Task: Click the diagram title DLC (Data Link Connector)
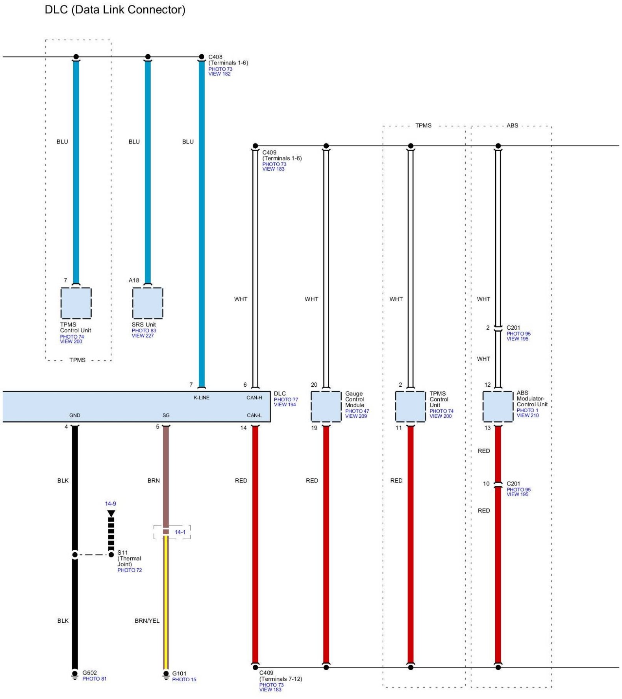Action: [x=115, y=9]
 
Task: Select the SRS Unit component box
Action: [x=148, y=303]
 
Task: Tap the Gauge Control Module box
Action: [x=326, y=406]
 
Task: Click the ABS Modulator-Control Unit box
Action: [x=498, y=406]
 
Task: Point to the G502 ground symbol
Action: [x=75, y=675]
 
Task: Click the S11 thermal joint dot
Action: [x=111, y=555]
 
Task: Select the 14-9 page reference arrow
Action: [x=111, y=514]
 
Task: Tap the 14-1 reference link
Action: [x=180, y=532]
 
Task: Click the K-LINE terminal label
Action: [x=202, y=398]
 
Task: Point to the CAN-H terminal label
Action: [x=254, y=398]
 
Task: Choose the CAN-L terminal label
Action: [x=254, y=415]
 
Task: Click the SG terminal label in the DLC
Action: [x=166, y=415]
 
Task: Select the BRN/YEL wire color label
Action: [x=147, y=621]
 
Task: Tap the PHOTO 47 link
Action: [x=357, y=411]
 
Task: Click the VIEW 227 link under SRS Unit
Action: [x=143, y=336]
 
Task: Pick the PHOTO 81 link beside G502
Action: [x=94, y=679]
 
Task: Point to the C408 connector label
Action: [x=215, y=57]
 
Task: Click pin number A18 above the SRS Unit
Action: [x=134, y=280]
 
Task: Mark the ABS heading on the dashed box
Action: [x=512, y=125]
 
